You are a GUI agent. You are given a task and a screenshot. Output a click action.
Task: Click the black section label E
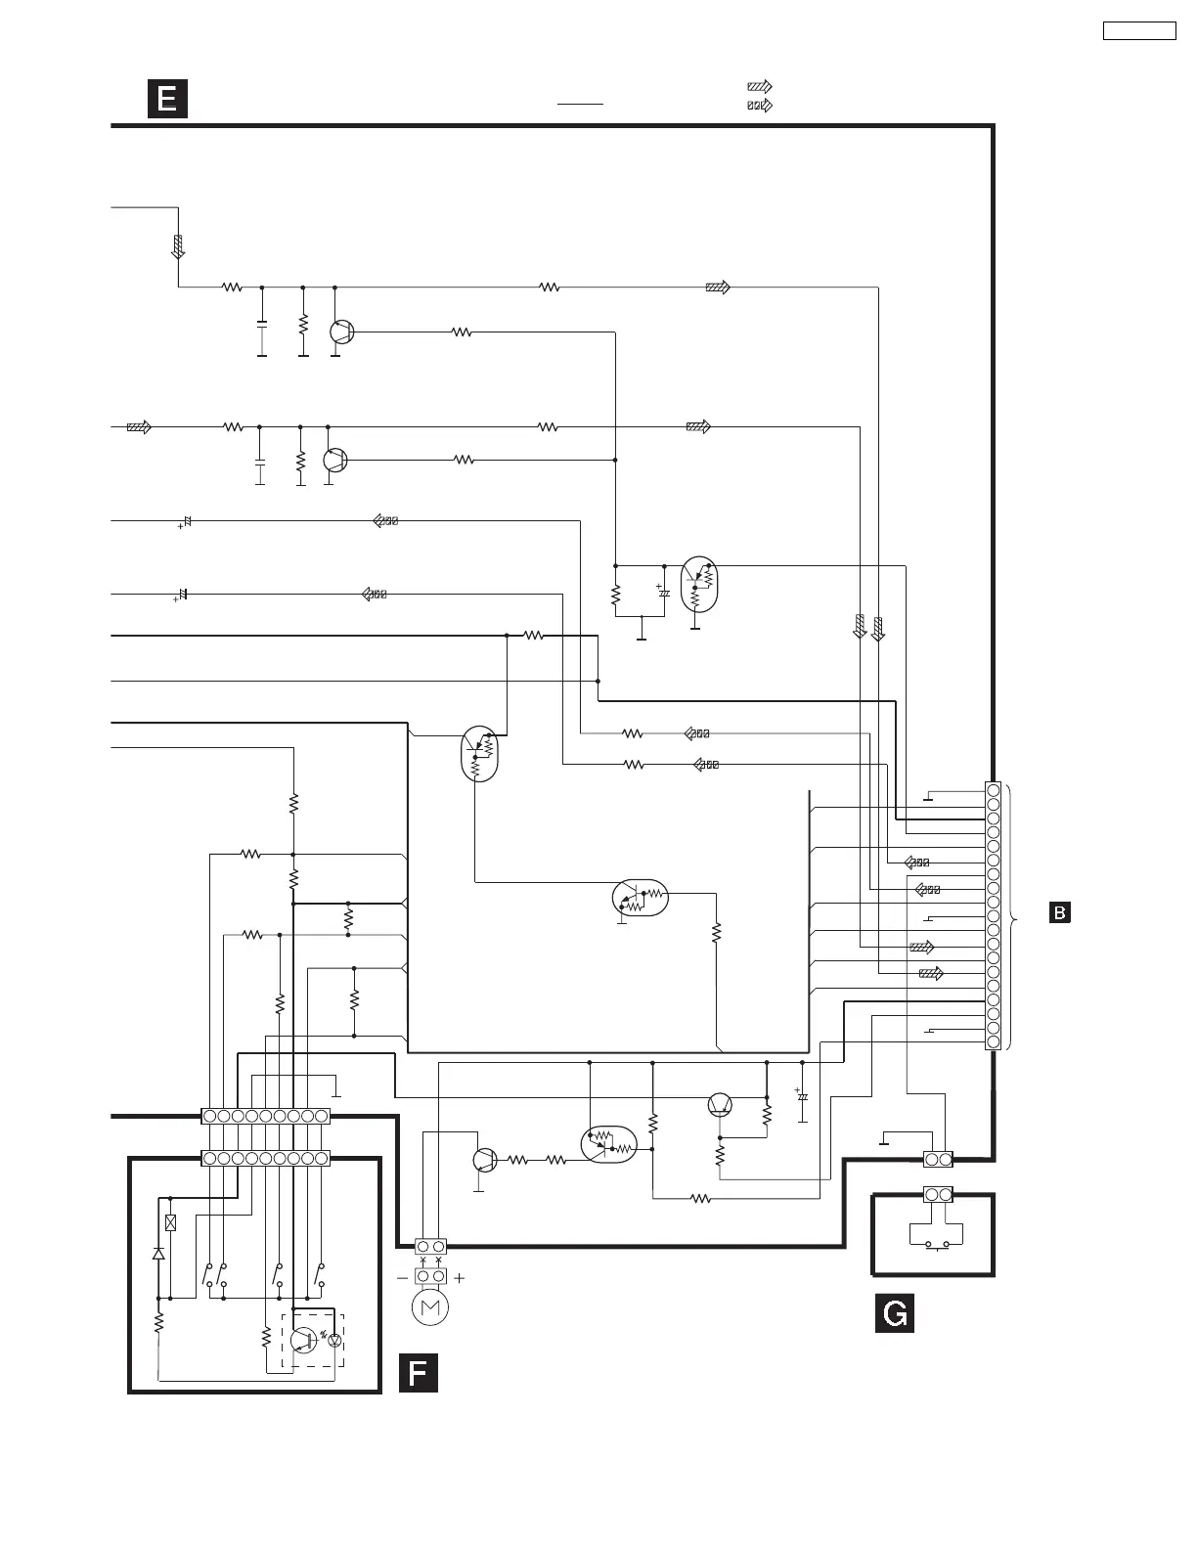pos(167,99)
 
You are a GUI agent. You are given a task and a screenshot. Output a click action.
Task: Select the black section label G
pos(894,1312)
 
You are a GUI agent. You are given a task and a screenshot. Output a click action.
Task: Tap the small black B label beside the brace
pos(1059,912)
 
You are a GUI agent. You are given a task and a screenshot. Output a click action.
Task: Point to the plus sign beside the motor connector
pos(459,1277)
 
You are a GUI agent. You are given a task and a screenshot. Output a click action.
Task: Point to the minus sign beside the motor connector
pos(402,1277)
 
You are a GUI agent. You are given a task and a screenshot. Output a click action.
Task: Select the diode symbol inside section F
pos(158,1253)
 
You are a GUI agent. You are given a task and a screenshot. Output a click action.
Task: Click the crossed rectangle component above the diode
pos(171,1221)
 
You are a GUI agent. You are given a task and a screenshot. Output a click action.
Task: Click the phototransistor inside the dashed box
pos(304,1341)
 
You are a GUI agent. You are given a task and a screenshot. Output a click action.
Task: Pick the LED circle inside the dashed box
pos(335,1341)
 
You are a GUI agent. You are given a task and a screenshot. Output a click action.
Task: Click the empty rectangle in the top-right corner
pos(1139,30)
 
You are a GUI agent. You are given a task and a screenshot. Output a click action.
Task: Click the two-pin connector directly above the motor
pos(430,1246)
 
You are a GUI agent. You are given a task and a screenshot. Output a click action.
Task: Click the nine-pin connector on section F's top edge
pos(265,1159)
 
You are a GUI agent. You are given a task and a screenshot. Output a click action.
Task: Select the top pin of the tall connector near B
pos(994,790)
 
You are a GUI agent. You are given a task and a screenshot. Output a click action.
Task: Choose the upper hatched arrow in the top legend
pos(759,87)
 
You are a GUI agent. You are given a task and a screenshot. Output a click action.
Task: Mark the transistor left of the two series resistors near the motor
pos(484,1160)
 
